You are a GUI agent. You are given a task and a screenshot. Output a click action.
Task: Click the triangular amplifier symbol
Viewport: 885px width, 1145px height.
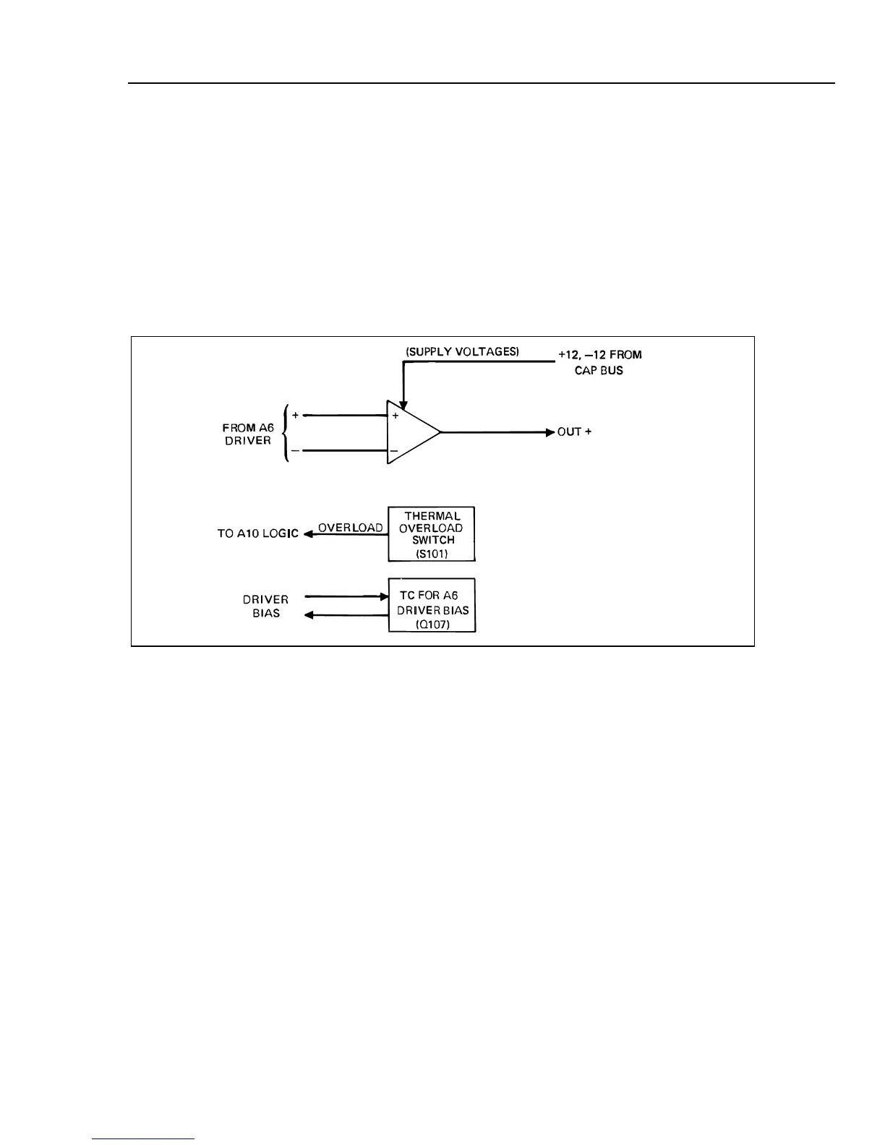(x=411, y=432)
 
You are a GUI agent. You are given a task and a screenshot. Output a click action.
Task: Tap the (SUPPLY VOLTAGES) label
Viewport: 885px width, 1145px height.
(x=463, y=352)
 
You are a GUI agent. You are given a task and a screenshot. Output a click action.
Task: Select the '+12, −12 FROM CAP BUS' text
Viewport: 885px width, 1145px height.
(x=599, y=362)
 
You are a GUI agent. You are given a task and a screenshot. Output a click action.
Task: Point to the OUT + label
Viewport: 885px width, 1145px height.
(x=574, y=432)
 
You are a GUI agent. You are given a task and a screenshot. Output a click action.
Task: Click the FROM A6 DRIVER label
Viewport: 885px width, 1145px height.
(x=248, y=434)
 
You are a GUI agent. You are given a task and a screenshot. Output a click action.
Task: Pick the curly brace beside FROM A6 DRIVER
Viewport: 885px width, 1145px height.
(x=288, y=433)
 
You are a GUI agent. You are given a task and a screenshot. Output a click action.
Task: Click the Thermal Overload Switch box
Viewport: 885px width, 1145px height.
(x=432, y=534)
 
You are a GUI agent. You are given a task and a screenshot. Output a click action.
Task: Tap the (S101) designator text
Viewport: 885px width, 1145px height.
(x=432, y=554)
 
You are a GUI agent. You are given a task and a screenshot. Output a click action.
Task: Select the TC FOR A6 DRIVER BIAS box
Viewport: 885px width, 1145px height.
(x=432, y=605)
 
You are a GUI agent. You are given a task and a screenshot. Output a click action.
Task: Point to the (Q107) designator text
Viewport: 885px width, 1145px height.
(x=432, y=625)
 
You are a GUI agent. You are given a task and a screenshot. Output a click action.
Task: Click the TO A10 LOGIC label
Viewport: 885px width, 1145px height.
(x=257, y=534)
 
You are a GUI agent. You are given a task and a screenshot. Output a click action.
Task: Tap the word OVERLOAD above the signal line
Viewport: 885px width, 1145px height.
(x=351, y=528)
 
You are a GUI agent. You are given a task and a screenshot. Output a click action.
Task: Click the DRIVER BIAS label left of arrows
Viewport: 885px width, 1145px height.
(x=265, y=606)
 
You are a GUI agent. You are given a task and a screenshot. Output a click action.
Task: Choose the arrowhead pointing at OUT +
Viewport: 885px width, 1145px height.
(x=550, y=432)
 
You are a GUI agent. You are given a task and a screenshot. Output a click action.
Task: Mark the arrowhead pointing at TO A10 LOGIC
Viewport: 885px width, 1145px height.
(x=307, y=534)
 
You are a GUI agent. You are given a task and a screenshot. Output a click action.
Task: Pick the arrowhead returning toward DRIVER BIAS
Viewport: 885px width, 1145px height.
(x=309, y=615)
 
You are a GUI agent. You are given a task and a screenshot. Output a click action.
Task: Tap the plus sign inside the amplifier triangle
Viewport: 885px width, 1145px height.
(x=395, y=416)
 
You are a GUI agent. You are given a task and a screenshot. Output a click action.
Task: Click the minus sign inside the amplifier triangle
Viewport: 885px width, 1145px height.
(x=394, y=451)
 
